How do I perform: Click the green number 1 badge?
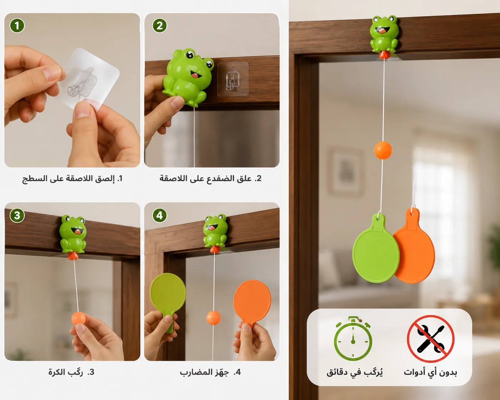[x=17, y=26]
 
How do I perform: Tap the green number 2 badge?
[x=160, y=26]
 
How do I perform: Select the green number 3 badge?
[x=17, y=216]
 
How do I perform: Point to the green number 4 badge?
[x=160, y=216]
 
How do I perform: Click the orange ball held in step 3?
[x=78, y=318]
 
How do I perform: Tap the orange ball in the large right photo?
[x=383, y=150]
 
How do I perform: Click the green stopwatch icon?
[x=353, y=339]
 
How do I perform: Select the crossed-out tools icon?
[x=430, y=339]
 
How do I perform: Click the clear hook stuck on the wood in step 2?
[x=233, y=79]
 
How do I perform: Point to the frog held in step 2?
[x=188, y=77]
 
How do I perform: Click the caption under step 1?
[x=72, y=179]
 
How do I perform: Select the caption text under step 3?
[x=71, y=372]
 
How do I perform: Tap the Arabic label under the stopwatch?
[x=354, y=372]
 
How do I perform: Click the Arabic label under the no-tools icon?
[x=430, y=372]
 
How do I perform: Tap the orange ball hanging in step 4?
[x=214, y=318]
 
